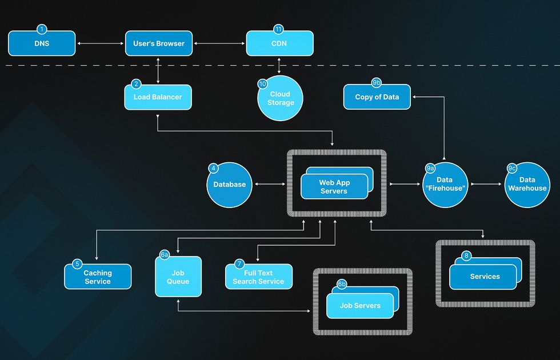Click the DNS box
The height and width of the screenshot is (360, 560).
(42, 43)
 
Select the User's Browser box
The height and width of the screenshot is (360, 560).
(159, 43)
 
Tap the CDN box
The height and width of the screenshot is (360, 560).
(279, 43)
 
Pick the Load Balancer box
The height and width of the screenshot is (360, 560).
(158, 97)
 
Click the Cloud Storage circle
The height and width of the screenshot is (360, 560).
(280, 98)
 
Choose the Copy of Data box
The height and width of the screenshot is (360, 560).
(377, 97)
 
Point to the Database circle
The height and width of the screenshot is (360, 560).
(229, 185)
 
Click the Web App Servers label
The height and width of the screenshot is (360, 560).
(334, 187)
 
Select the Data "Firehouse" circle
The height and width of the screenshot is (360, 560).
(445, 185)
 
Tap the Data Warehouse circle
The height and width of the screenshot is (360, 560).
(527, 185)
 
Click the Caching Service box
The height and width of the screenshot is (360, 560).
(98, 277)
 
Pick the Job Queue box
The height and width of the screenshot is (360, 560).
(178, 277)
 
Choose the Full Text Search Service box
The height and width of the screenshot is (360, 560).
(258, 277)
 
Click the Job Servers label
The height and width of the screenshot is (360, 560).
(360, 306)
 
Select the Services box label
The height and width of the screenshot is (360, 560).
(485, 277)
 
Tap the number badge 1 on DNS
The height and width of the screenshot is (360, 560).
(42, 29)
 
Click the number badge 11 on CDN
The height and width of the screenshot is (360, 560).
(279, 29)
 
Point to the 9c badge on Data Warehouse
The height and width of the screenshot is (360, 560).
(512, 169)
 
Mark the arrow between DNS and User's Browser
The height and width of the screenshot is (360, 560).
(100, 43)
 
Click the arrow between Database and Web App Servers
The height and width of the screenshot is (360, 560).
(269, 184)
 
